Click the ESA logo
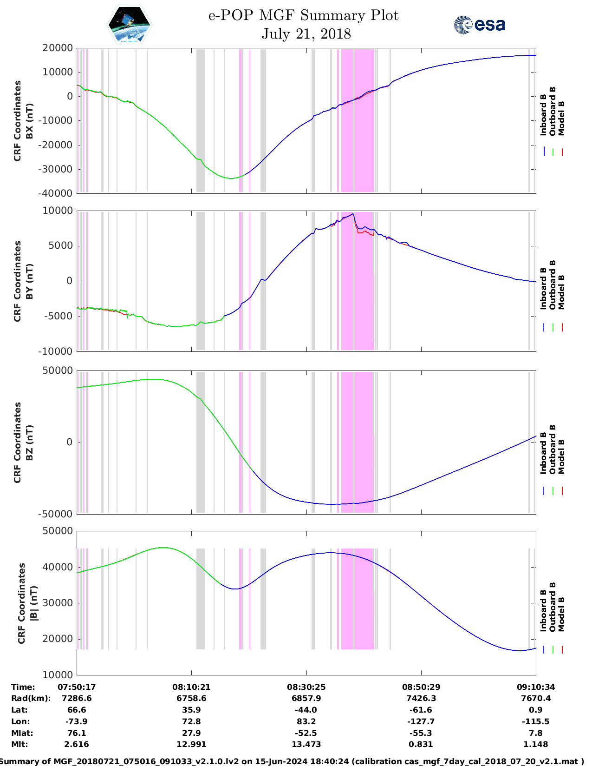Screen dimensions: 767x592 (480, 25)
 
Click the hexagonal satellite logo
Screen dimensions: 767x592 (130, 25)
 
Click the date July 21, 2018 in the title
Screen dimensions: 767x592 (306, 34)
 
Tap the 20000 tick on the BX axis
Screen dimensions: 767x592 (58, 48)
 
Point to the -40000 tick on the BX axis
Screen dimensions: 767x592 (56, 193)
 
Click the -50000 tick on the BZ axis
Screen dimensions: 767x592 (56, 514)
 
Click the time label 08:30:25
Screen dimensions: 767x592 (306, 687)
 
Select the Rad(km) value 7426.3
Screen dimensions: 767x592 (421, 698)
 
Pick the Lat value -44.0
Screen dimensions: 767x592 (306, 710)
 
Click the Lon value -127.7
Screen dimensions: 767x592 (421, 721)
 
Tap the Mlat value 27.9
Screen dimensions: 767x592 (191, 733)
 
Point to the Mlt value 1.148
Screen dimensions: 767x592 (536, 744)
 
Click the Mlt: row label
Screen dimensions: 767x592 (20, 744)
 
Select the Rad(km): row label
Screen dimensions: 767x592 (31, 698)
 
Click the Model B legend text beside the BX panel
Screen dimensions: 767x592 (561, 118)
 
